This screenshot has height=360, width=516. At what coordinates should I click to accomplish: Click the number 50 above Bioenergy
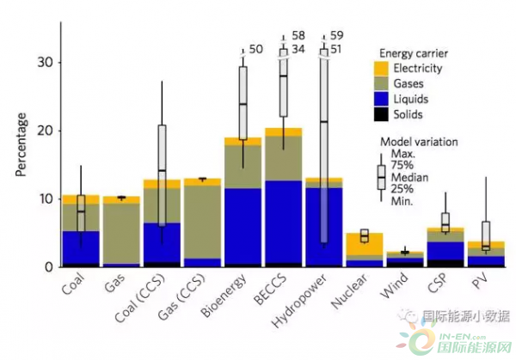255,50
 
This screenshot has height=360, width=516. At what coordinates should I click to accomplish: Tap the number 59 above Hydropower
336,36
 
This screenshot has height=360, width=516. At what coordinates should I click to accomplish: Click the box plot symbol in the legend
380,176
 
